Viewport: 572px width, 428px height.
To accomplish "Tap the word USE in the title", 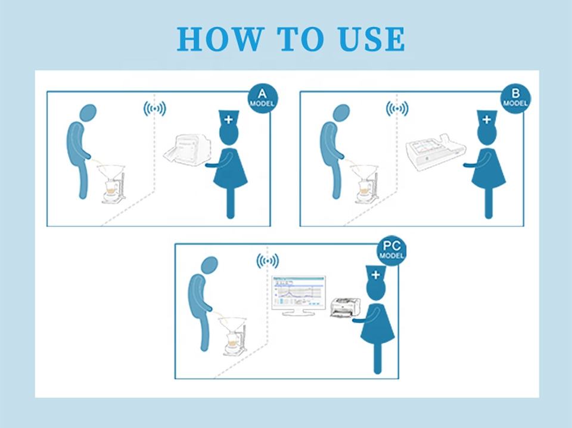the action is [372, 39].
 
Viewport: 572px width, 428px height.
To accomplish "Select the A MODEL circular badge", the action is [262, 98].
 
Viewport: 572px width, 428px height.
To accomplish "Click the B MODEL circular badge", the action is [515, 98].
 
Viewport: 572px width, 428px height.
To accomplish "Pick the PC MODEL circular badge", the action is [391, 250].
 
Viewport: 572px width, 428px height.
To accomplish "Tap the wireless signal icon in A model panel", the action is [155, 108].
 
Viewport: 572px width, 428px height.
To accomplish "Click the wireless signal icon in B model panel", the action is [397, 108].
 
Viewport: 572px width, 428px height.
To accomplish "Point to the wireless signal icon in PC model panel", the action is [268, 261].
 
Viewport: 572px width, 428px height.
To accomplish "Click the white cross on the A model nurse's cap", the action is [228, 119].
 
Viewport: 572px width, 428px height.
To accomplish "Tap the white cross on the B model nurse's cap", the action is [487, 119].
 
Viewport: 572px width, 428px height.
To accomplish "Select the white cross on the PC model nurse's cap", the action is [376, 275].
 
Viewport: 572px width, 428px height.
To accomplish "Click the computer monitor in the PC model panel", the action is [299, 296].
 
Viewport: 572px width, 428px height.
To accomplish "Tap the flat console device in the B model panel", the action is [436, 151].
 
